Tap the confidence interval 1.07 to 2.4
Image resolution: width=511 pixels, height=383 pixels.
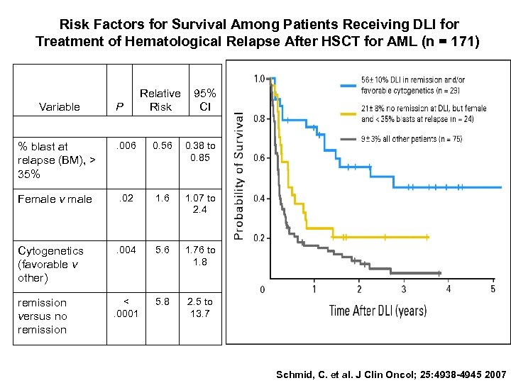point(201,204)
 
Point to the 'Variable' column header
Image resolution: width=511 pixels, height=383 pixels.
point(60,107)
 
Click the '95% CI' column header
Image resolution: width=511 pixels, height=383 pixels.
point(205,100)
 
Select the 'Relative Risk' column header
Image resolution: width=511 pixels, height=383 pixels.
point(160,100)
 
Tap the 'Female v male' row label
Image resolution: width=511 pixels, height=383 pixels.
point(55,199)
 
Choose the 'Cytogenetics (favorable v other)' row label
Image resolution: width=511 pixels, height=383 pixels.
point(50,264)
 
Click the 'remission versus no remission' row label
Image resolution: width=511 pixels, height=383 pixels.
point(43,316)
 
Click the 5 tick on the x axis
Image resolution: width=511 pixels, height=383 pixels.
point(493,289)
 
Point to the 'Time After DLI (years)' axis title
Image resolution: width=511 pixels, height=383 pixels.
point(378,310)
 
